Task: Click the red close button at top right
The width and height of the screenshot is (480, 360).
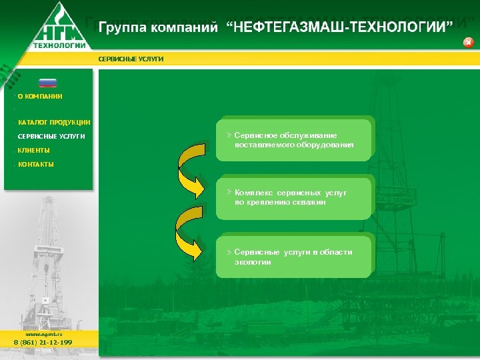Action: pos(468,43)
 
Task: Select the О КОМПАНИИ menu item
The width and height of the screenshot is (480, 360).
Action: pos(40,97)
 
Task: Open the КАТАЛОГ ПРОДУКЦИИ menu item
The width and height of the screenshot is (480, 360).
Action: pos(54,123)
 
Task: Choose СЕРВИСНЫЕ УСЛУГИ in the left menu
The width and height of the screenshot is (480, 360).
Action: pos(51,137)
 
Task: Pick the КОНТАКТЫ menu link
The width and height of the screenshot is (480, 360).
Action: pos(36,164)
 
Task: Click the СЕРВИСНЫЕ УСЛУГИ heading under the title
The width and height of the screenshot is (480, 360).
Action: pos(131,59)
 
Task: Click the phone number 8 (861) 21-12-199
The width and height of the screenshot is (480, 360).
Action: pos(43,342)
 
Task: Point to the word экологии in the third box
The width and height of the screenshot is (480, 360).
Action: pos(253,262)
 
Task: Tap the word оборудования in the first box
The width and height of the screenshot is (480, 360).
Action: pos(327,145)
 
